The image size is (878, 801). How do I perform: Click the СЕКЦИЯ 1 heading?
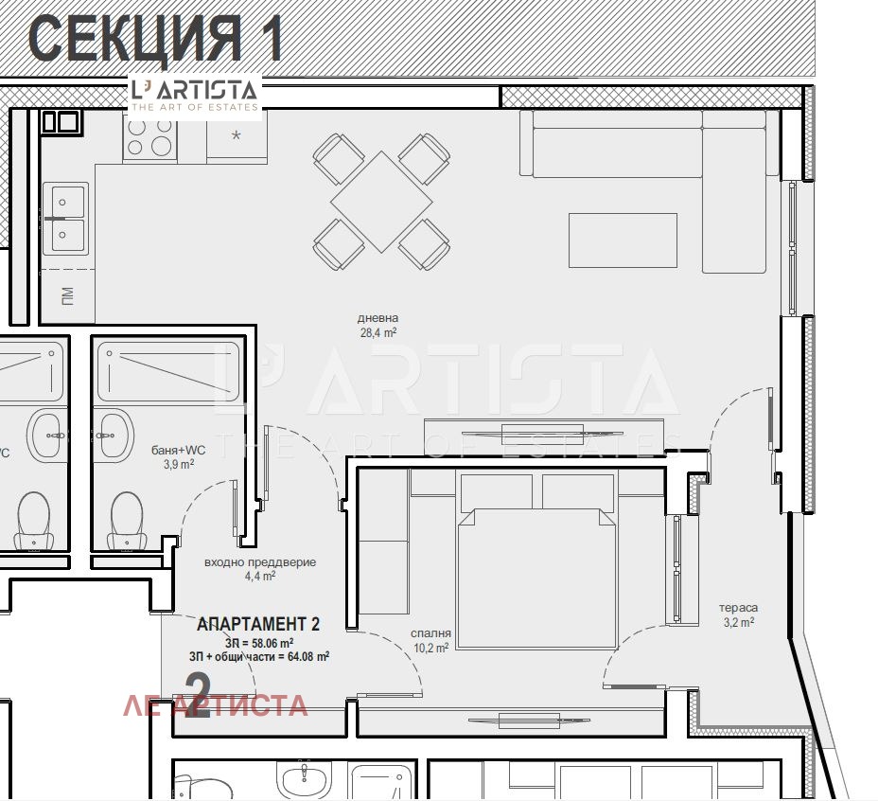point(156,39)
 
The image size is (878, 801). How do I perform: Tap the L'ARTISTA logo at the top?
point(194,95)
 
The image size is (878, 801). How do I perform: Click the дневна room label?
point(378,319)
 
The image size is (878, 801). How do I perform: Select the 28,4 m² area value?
point(378,333)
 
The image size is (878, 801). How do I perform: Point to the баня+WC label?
point(179,451)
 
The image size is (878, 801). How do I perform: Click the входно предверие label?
point(260,562)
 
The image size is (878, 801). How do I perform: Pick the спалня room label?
point(430,634)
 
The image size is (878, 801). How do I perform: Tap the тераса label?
point(738,608)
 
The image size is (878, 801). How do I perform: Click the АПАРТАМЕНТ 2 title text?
point(257,624)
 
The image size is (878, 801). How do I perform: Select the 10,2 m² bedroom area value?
point(430,649)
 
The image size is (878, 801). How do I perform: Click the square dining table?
point(381,202)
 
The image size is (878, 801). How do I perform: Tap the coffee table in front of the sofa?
point(623,240)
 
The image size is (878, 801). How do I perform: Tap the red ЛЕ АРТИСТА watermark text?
point(216,705)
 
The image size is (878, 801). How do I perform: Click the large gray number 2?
point(198,696)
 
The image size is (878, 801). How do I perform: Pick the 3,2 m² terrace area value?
point(738,623)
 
